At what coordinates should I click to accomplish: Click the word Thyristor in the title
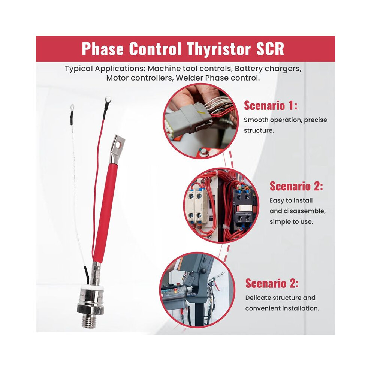(x=218, y=49)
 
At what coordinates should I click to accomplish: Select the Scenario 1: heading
(x=271, y=105)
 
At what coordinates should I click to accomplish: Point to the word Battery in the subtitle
(x=248, y=69)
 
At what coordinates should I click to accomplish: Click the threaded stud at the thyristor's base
(x=90, y=321)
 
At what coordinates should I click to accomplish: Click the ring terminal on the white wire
(x=72, y=108)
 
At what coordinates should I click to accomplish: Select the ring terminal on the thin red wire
(x=108, y=100)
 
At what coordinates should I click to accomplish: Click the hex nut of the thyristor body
(x=90, y=308)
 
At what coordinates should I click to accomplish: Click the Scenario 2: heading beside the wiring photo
(x=296, y=186)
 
